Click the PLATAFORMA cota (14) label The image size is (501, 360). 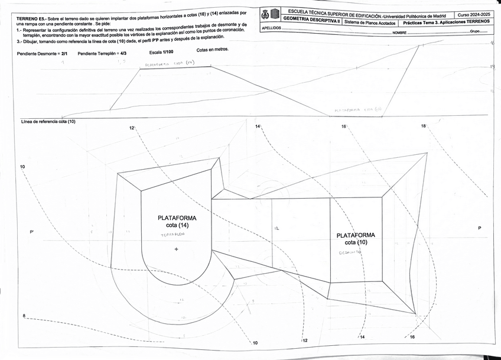tap(177, 221)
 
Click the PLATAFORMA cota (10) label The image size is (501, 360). tap(356, 238)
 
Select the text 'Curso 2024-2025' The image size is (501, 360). tap(473, 14)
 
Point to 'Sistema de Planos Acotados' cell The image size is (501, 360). tap(370, 22)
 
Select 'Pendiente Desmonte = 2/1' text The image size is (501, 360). tap(43, 54)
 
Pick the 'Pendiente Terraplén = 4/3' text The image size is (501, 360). tap(102, 53)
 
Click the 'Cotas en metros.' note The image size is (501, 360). tap(213, 50)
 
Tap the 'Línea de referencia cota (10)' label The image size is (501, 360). tap(48, 122)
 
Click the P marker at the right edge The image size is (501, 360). tap(480, 228)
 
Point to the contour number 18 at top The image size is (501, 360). tap(424, 126)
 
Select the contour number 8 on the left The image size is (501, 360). tap(24, 316)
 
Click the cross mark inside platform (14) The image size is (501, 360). tap(176, 249)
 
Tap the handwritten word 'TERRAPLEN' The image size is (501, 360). tap(173, 235)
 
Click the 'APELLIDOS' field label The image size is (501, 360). tap(271, 28)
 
